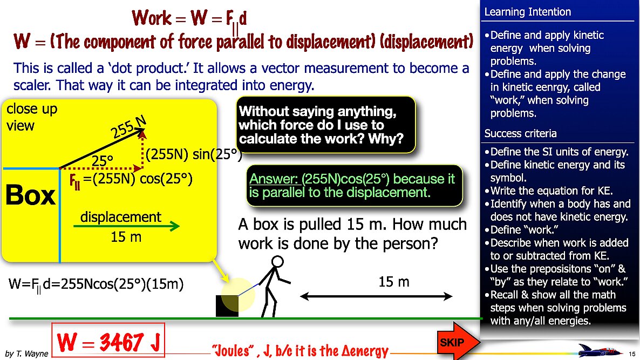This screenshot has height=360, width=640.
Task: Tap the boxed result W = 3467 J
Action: click(x=107, y=342)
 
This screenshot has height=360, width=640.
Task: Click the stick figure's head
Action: click(x=277, y=262)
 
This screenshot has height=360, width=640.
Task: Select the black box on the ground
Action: click(x=227, y=306)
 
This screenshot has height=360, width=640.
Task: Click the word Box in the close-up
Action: click(x=30, y=195)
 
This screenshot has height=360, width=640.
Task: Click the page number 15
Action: click(x=632, y=354)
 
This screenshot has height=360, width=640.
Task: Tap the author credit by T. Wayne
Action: click(x=26, y=354)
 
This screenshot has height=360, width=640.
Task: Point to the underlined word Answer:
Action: click(x=273, y=178)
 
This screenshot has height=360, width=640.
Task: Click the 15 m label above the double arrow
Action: click(x=393, y=282)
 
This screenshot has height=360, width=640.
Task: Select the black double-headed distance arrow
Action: click(x=376, y=296)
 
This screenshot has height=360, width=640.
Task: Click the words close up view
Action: click(x=31, y=117)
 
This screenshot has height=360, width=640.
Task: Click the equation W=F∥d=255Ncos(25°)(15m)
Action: click(x=96, y=285)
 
